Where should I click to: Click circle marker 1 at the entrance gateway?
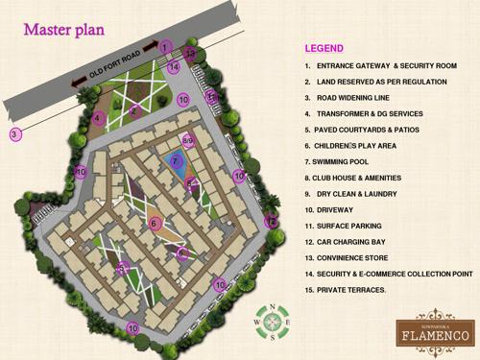[x=165, y=46]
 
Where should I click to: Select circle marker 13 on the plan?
[x=190, y=54]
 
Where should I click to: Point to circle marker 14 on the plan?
[x=174, y=67]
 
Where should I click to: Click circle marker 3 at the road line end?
[x=14, y=134]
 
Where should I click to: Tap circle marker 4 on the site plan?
[x=98, y=118]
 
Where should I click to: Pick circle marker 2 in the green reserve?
[x=134, y=110]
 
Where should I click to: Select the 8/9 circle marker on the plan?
[x=188, y=141]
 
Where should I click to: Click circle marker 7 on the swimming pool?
[x=176, y=161]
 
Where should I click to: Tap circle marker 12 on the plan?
[x=271, y=222]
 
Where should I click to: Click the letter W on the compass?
[x=257, y=322]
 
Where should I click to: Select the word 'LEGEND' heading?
[x=324, y=47]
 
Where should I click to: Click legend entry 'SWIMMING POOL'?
[x=336, y=162]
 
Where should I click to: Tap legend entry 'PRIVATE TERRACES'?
[x=346, y=289]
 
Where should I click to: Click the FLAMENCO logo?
[x=437, y=332]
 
